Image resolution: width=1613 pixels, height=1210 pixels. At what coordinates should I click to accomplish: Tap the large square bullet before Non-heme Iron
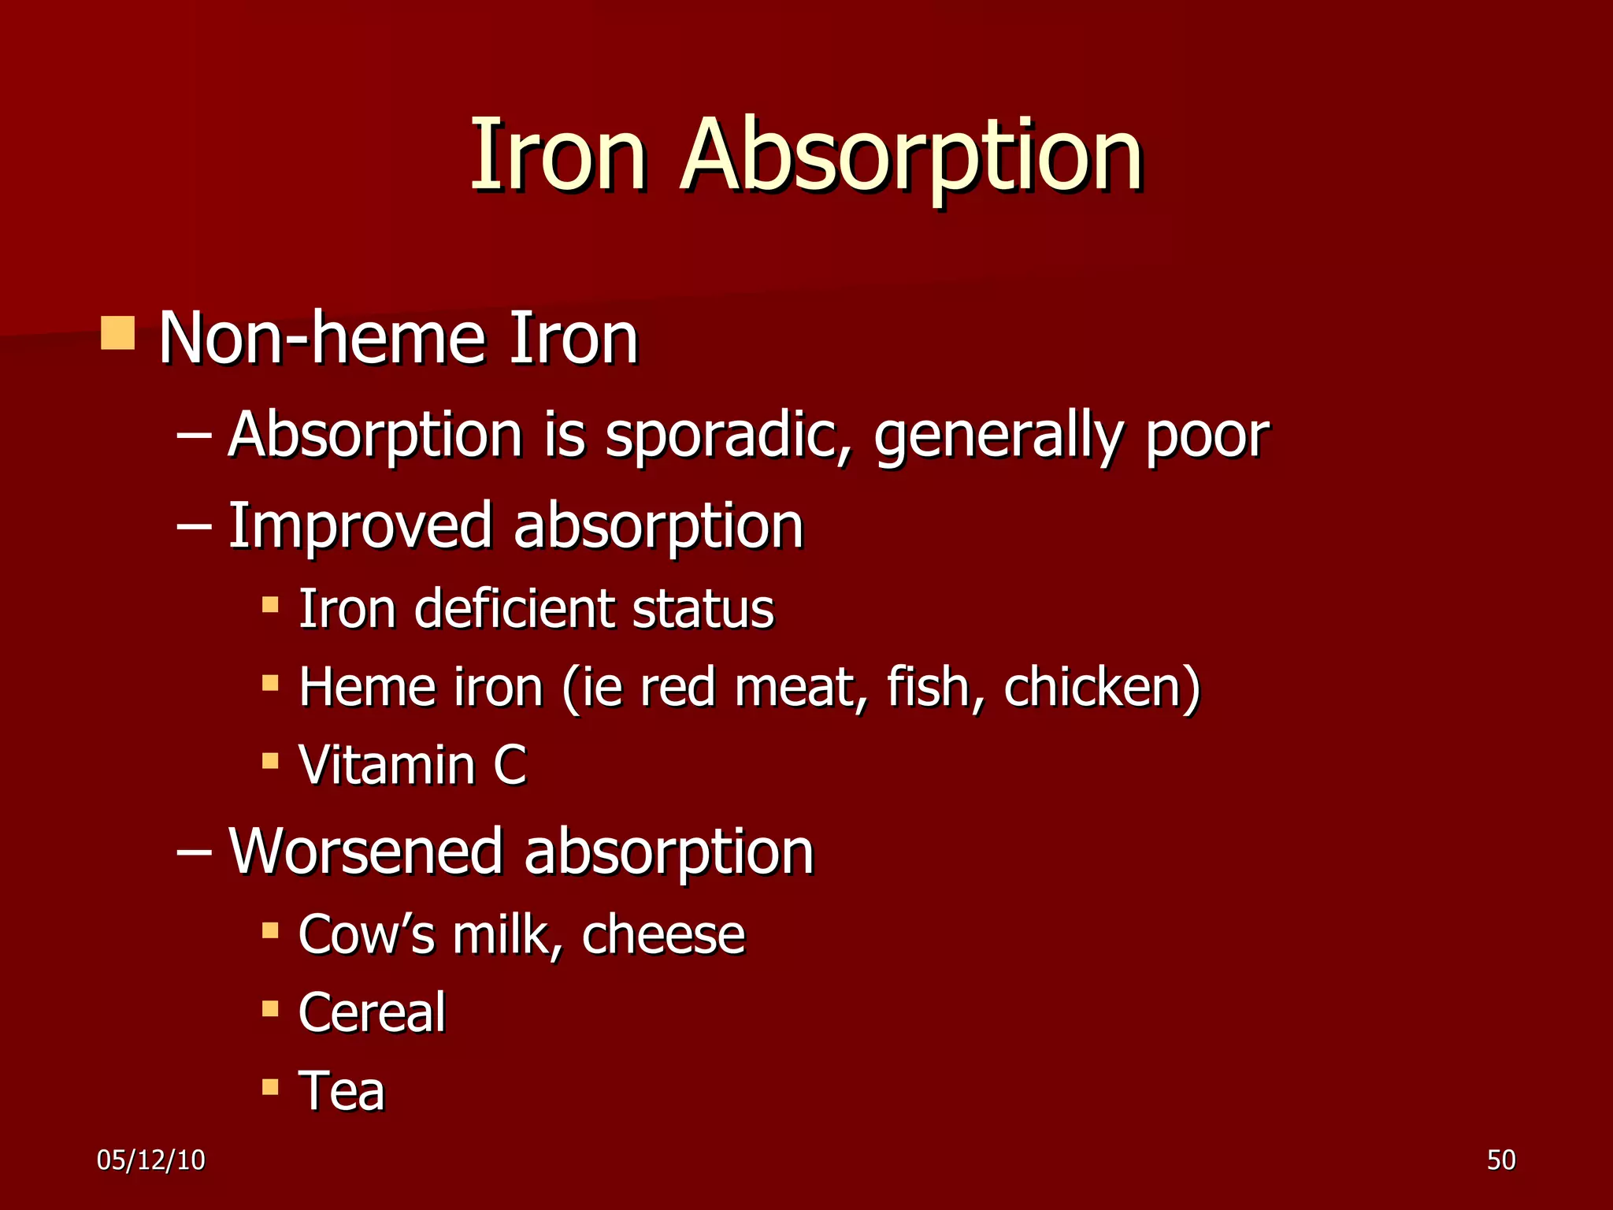pos(117,333)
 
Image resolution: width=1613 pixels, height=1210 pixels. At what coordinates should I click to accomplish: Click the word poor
pos(1207,438)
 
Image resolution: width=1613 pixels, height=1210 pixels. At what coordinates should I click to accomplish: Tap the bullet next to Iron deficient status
pos(270,605)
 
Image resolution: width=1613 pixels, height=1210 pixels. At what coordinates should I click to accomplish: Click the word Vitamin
pos(387,765)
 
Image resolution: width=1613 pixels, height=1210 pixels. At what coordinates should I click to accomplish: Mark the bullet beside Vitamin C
pos(270,761)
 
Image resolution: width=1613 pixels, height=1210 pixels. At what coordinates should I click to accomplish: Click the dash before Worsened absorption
pos(194,852)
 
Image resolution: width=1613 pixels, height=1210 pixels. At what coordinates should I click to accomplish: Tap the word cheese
pos(663,934)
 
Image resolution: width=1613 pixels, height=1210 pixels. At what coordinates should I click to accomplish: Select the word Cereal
pos(372,1012)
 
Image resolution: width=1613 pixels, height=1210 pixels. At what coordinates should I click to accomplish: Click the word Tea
pos(342,1091)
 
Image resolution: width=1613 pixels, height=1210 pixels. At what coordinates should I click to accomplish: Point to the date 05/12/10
pos(151,1160)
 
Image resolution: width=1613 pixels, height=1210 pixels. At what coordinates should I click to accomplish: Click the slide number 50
pos(1501,1160)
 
